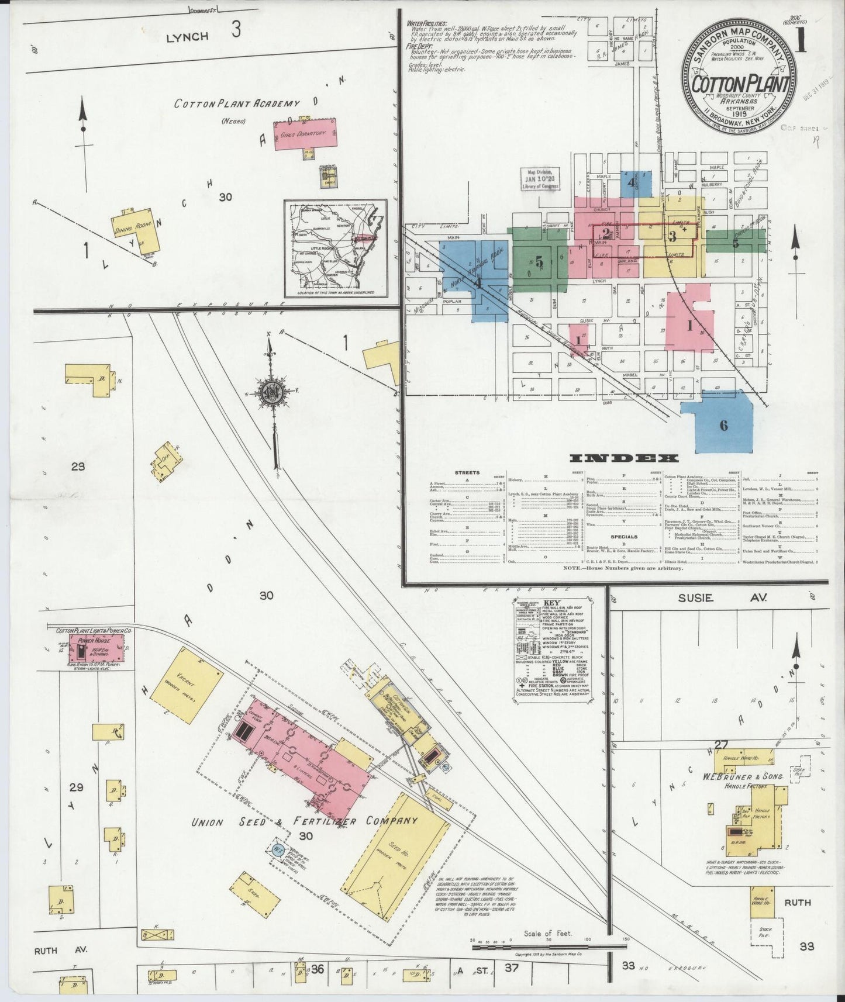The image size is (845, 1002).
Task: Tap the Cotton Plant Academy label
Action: [237, 103]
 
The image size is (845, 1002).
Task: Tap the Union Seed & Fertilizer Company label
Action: [304, 821]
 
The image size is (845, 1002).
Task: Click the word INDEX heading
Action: [624, 458]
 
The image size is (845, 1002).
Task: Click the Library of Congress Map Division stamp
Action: [539, 178]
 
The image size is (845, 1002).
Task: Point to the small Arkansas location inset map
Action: [336, 246]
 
